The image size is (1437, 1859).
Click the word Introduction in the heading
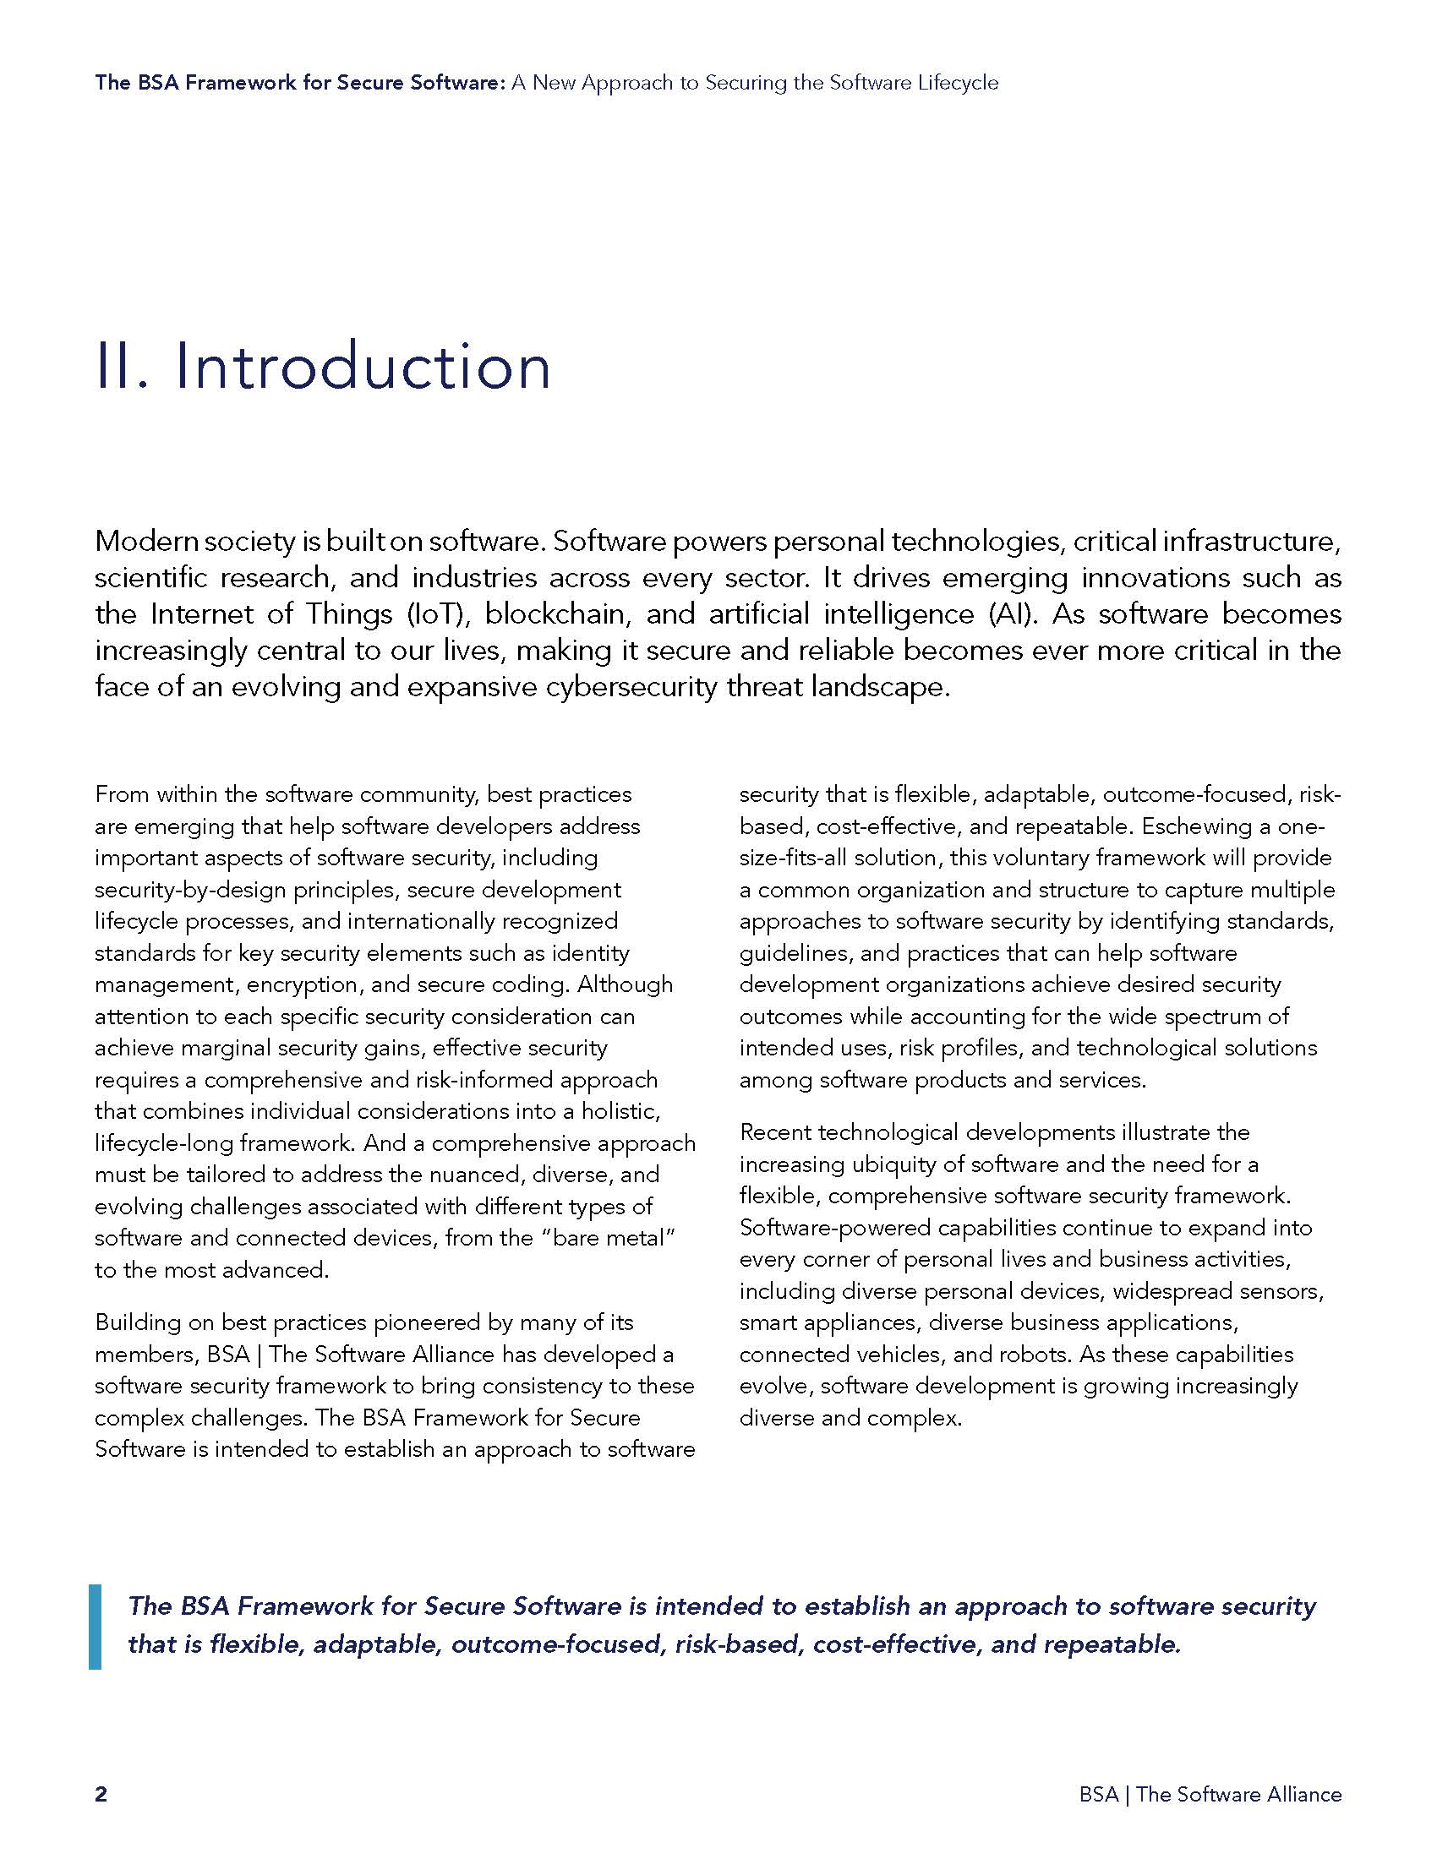coord(363,368)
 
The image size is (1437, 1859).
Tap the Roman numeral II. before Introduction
coord(123,368)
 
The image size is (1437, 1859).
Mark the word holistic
coord(620,1111)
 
